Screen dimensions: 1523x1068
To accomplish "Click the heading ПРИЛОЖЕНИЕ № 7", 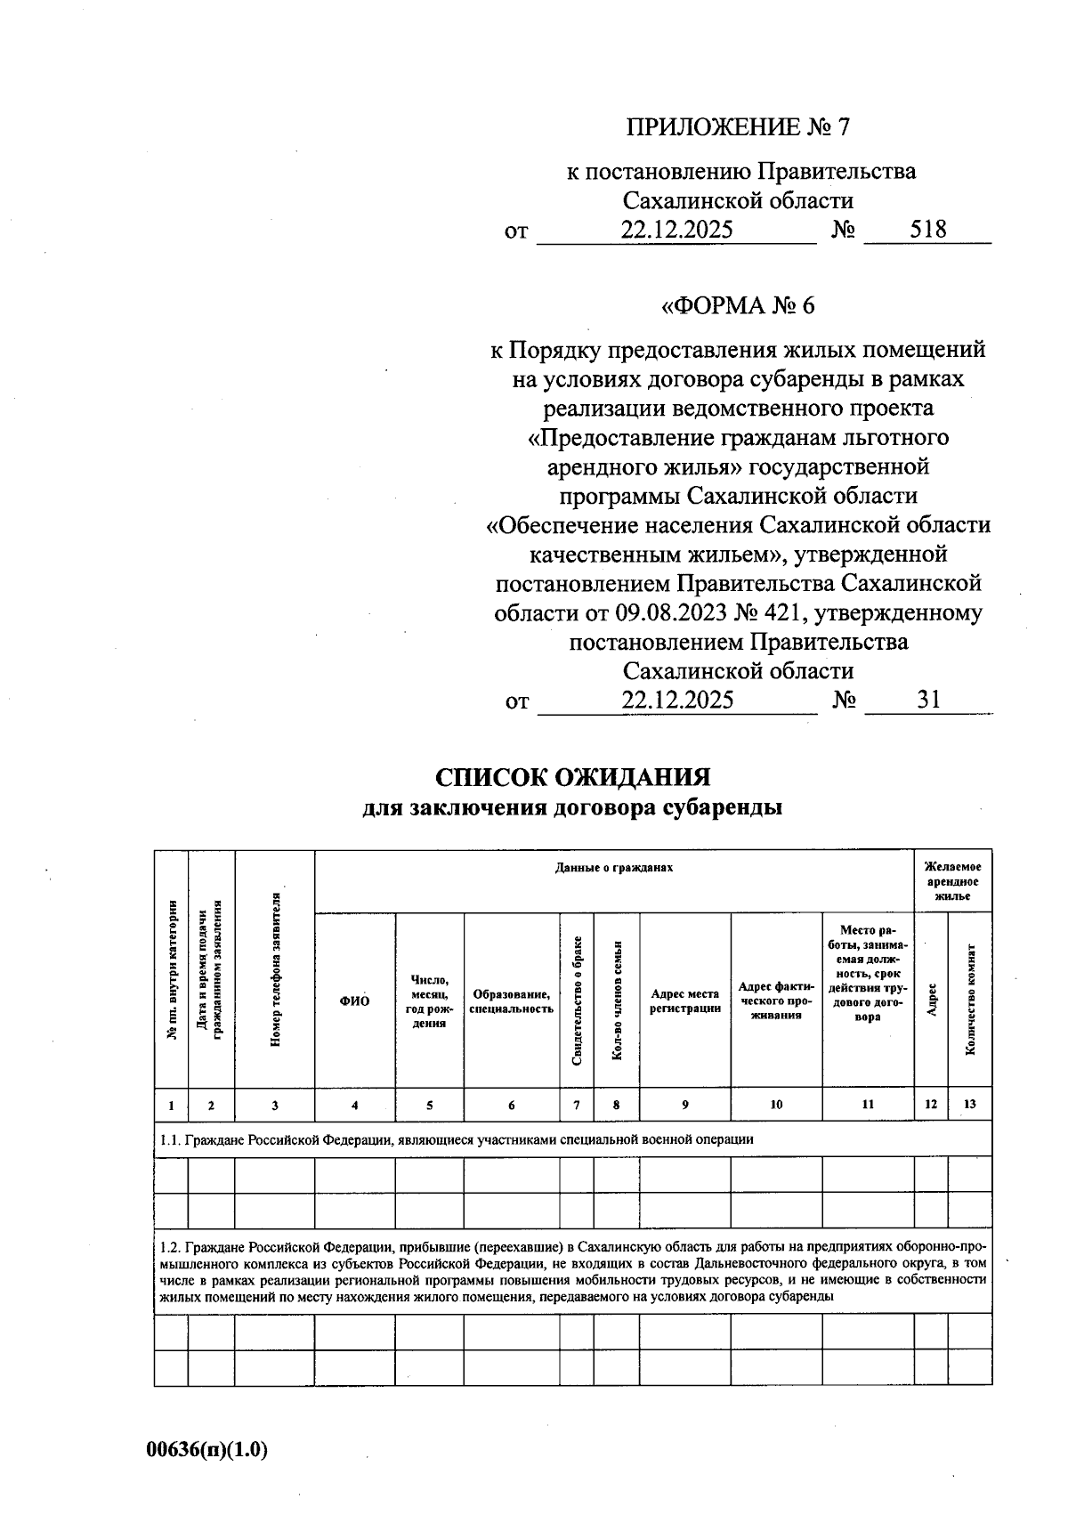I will (x=738, y=127).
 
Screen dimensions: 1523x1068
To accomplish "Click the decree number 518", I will (x=927, y=230).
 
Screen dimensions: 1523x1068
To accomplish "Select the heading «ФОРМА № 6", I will (x=737, y=306).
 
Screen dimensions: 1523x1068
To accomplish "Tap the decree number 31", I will (x=928, y=700).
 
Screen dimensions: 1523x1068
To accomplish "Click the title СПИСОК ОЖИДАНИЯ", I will (x=572, y=777).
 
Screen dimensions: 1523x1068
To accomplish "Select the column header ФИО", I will (x=354, y=1001).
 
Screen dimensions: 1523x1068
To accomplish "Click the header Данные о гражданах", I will (x=614, y=867).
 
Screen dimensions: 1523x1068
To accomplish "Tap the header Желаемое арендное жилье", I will (x=952, y=880).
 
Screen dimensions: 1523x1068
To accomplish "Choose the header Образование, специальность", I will (x=511, y=1001).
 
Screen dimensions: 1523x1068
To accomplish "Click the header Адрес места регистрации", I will (x=684, y=1001).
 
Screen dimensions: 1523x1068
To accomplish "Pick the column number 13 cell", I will (x=969, y=1104).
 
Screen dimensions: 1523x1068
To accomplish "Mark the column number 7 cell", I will (x=577, y=1105).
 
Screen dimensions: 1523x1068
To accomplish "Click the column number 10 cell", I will (x=776, y=1105).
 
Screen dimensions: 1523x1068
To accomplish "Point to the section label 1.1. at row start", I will (x=169, y=1138).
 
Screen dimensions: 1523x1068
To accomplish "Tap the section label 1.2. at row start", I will (x=169, y=1246).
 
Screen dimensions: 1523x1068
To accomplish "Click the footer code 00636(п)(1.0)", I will (x=207, y=1450).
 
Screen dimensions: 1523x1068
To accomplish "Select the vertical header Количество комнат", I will (x=970, y=1000).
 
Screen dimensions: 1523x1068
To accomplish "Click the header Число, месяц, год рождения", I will (x=429, y=1001).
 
